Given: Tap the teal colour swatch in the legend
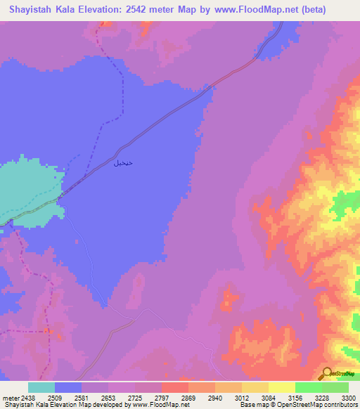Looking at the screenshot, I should [x=41, y=387].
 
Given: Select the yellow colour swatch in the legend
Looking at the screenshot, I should [x=281, y=387].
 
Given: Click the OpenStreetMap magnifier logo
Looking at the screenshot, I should [x=327, y=373].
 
